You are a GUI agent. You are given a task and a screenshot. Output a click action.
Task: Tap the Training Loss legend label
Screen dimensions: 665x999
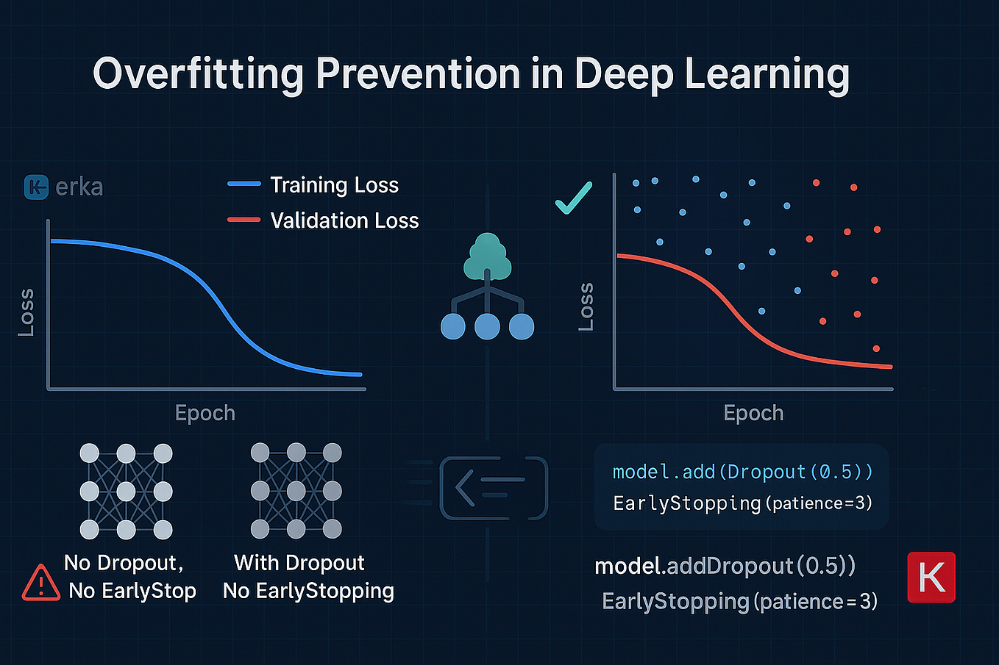(x=334, y=185)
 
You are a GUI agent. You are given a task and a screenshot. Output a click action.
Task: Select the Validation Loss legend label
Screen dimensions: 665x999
(x=344, y=220)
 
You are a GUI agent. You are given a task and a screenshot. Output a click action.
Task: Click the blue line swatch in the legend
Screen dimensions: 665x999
(x=244, y=184)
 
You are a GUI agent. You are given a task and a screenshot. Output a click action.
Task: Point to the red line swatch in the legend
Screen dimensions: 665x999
(x=244, y=220)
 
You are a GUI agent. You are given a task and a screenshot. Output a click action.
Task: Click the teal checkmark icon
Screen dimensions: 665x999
(x=573, y=198)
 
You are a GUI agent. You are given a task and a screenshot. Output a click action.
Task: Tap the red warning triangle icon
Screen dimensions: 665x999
(x=41, y=583)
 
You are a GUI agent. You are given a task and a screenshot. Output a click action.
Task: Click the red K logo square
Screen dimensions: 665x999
(x=931, y=578)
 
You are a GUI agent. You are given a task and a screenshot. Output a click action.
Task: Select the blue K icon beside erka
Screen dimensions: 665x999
(x=36, y=187)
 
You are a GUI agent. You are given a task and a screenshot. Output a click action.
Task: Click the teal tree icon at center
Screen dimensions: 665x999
(x=487, y=256)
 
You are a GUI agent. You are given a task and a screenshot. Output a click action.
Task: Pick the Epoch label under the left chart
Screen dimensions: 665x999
(x=205, y=413)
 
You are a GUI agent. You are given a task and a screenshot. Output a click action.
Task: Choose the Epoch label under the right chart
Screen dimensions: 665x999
(x=753, y=413)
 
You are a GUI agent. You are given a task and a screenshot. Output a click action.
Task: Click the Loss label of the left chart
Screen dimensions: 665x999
(x=26, y=312)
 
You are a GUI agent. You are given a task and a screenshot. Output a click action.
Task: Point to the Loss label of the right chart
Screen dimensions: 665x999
(x=586, y=306)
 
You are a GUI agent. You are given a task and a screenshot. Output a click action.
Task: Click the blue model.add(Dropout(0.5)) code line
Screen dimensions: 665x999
(x=742, y=472)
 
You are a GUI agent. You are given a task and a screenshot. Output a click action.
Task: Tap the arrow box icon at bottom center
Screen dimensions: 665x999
(x=494, y=487)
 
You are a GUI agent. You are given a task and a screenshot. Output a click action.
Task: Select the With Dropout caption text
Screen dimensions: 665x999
(x=299, y=563)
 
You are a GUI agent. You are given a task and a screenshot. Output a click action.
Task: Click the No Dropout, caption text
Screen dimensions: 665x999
(x=124, y=563)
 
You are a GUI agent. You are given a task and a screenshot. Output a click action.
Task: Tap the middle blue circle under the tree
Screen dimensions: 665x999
(x=487, y=326)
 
